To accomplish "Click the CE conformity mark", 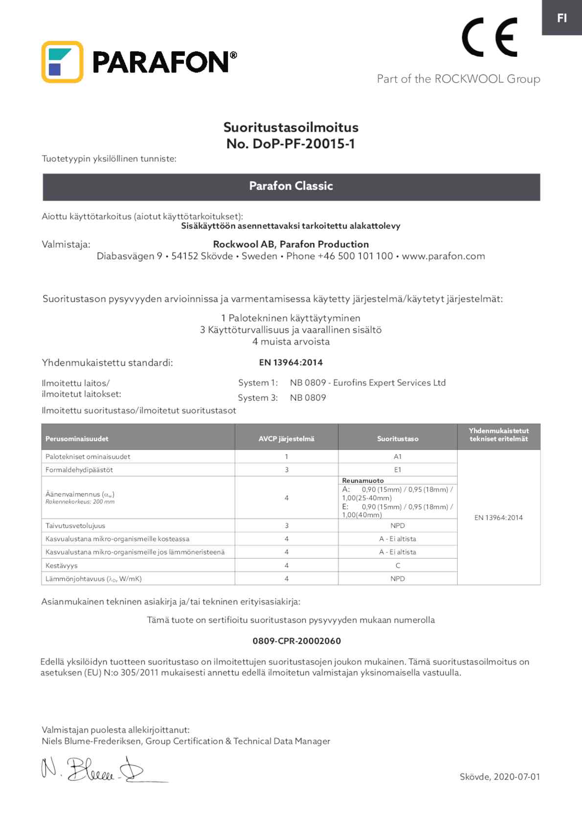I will coord(489,37).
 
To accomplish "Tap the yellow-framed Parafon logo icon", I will coord(62,62).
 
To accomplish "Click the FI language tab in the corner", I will coord(561,18).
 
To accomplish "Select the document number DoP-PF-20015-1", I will coord(291,143).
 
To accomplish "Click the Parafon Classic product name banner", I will coord(291,186).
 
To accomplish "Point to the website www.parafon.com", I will coord(443,256).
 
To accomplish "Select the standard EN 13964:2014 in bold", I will coord(291,363).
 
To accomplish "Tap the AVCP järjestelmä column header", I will coord(286,439).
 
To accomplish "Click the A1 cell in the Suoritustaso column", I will coord(398,457).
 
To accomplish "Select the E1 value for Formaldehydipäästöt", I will coord(398,470).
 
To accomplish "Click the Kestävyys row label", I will coord(62,566).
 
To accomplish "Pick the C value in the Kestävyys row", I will coord(398,566).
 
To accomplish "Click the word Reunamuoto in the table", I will coord(363,481).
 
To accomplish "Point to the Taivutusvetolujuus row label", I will coord(75,526).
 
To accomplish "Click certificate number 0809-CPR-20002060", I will coord(296,641).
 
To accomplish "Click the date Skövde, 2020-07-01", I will coord(499,777).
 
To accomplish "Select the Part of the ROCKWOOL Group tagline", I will coord(458,79).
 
